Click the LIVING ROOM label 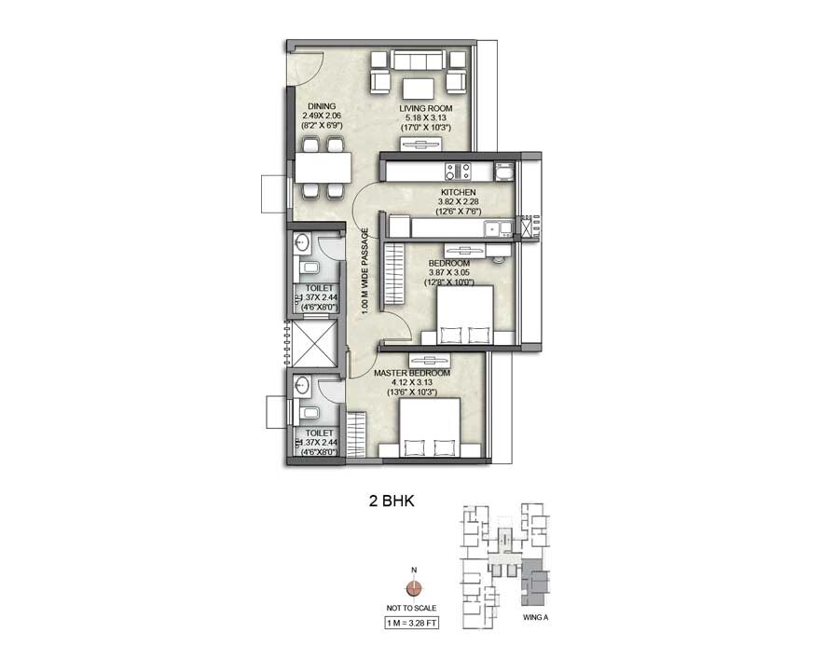point(425,108)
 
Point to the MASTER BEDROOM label point(411,373)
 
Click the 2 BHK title point(392,501)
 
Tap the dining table point(323,168)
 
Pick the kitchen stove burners point(456,171)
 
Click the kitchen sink point(491,227)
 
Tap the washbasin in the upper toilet point(302,244)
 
